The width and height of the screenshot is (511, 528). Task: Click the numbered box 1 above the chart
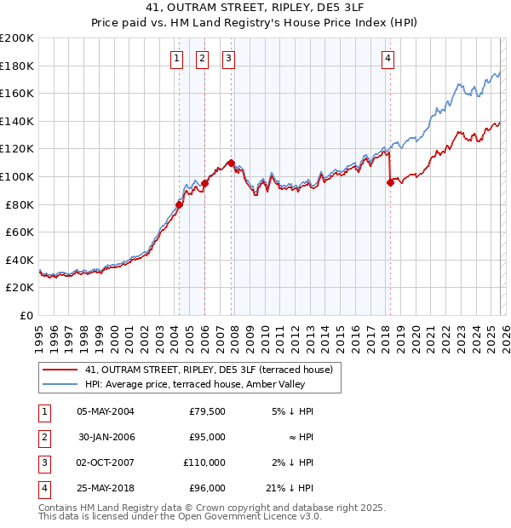[x=176, y=59]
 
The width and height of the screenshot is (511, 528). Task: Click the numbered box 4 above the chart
[x=388, y=59]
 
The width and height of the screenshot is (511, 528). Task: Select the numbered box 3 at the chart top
[x=229, y=59]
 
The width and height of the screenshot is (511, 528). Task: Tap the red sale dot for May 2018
[x=390, y=181]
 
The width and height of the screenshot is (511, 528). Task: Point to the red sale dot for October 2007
[x=231, y=162]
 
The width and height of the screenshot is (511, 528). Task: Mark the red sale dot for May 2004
[x=179, y=204]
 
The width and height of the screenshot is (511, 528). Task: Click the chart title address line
[x=255, y=10]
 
